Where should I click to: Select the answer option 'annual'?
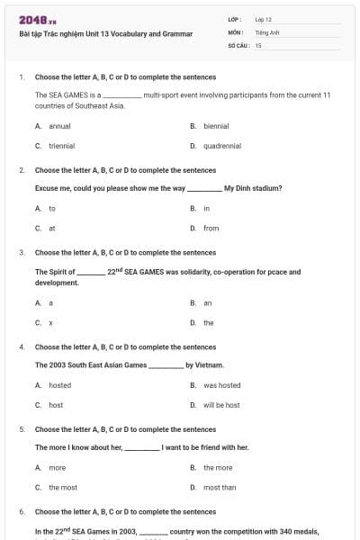59,126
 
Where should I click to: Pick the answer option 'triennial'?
61,145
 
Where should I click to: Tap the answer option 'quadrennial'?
220,145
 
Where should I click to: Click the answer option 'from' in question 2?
211,228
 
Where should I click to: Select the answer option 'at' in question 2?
52,228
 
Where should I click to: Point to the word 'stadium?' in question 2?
266,188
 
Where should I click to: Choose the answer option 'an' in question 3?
208,303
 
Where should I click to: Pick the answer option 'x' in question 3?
51,322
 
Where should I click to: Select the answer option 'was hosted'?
221,385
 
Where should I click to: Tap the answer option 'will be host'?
221,405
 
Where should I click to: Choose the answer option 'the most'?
62,487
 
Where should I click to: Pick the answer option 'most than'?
219,487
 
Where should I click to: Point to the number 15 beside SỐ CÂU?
258,44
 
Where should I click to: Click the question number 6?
21,511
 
